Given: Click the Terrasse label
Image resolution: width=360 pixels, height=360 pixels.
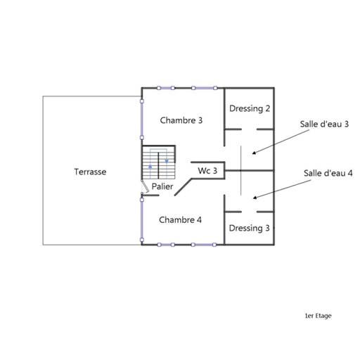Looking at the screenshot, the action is [x=90, y=172].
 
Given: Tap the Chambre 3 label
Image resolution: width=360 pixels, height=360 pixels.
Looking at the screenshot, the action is [x=181, y=120].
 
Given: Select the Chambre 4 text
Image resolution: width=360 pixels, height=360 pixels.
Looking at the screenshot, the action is [x=180, y=220].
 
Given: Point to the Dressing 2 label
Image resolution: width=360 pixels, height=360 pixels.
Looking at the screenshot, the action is [x=250, y=109].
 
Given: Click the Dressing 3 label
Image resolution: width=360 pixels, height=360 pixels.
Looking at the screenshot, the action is [x=249, y=229].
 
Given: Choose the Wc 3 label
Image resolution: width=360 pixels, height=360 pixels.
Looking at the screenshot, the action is [x=207, y=171].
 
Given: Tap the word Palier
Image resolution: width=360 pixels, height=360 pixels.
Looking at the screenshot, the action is [x=162, y=186].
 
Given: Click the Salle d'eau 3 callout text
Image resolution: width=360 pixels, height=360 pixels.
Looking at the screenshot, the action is [x=324, y=124].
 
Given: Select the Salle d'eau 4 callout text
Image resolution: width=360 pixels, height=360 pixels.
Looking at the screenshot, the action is [x=328, y=173].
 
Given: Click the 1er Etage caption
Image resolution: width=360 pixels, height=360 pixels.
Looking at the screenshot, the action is [x=319, y=316].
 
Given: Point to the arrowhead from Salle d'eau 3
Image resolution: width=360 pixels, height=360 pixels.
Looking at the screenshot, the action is [x=254, y=153].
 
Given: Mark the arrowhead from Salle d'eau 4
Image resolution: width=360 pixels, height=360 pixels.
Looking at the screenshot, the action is [x=255, y=198].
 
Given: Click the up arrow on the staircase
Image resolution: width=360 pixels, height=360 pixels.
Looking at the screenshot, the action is [x=150, y=167].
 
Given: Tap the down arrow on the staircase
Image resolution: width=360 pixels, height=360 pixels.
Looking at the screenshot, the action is [x=167, y=161].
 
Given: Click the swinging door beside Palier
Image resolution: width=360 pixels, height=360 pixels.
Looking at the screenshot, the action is [x=146, y=186].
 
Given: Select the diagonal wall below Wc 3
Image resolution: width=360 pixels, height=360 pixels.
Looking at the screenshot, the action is [x=184, y=187].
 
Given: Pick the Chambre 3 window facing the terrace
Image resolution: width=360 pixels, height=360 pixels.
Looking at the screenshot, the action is [x=142, y=120].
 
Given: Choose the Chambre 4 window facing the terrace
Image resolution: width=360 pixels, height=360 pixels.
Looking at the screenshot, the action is [x=142, y=219].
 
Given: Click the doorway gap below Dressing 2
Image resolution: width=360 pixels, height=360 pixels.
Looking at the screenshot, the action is [x=249, y=129].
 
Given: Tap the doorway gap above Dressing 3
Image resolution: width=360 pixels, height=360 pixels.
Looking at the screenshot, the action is [x=249, y=212].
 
